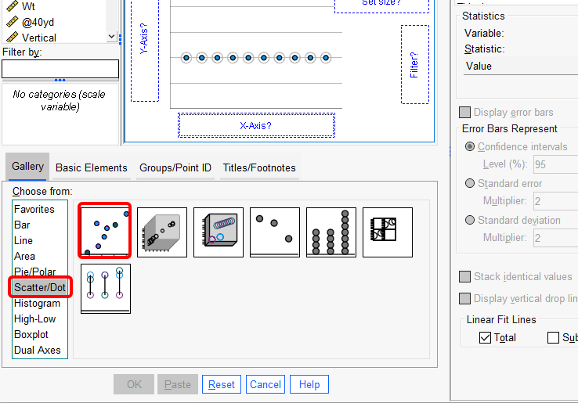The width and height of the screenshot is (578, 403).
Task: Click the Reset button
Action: click(221, 384)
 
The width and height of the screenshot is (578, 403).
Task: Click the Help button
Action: click(309, 384)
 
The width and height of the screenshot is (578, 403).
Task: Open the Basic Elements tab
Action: click(91, 167)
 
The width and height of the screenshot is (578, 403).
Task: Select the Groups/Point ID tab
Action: click(175, 167)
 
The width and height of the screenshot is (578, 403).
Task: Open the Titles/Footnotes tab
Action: click(259, 167)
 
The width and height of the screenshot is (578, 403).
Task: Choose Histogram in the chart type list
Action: click(37, 303)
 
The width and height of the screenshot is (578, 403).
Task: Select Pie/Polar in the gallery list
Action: click(35, 272)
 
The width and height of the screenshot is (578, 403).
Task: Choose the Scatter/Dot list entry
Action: click(40, 287)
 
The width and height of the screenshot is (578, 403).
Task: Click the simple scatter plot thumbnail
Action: click(105, 232)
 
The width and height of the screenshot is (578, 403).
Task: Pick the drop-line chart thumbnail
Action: click(105, 288)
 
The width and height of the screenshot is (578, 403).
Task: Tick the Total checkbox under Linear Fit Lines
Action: click(486, 338)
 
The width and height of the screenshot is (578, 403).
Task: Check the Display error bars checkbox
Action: click(465, 113)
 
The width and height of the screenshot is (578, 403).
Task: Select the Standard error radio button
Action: click(470, 183)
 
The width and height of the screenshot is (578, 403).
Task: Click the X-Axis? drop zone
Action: click(255, 125)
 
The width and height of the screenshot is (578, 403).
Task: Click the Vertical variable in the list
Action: click(38, 38)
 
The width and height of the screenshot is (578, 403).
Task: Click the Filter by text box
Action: click(60, 69)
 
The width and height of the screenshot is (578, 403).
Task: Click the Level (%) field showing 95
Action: click(551, 164)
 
